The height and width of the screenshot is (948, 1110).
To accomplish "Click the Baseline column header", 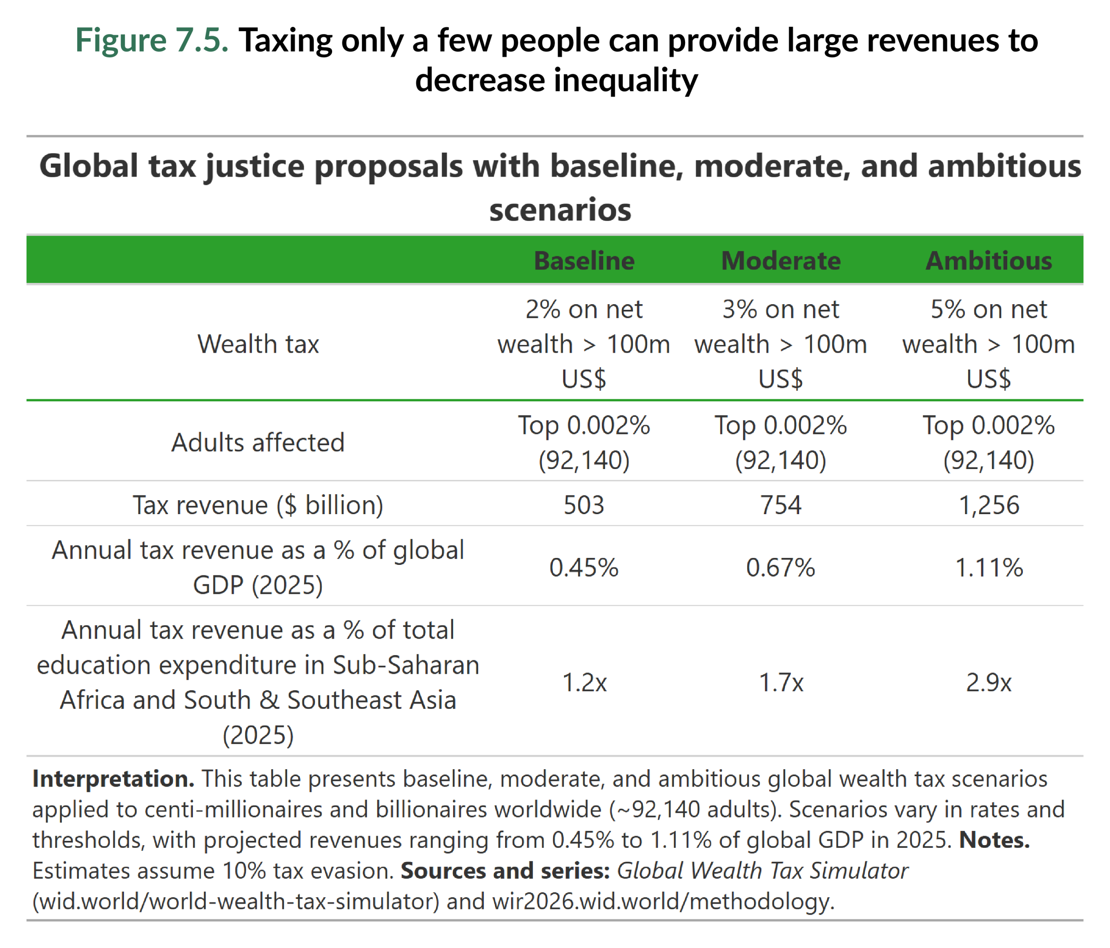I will (584, 261).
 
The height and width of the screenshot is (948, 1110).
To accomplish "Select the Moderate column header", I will (780, 261).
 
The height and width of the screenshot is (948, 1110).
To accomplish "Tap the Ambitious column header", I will (989, 261).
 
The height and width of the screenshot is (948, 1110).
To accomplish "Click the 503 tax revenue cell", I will (584, 505).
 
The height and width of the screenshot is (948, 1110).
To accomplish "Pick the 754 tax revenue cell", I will (780, 505).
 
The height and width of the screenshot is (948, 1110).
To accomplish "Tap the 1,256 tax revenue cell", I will (989, 505).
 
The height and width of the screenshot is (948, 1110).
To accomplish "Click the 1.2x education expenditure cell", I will (584, 682).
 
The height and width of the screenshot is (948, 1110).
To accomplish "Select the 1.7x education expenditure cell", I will (780, 682).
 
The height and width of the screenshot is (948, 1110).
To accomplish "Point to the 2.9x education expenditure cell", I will (989, 682).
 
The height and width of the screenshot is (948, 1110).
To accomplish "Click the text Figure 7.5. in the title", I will (152, 40).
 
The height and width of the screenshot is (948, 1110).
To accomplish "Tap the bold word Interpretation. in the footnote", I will (113, 778).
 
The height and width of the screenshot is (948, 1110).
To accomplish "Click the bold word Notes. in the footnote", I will (994, 840).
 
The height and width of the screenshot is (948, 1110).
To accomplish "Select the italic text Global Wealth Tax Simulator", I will (762, 870).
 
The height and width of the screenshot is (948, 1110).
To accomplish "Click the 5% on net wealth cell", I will (989, 344).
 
